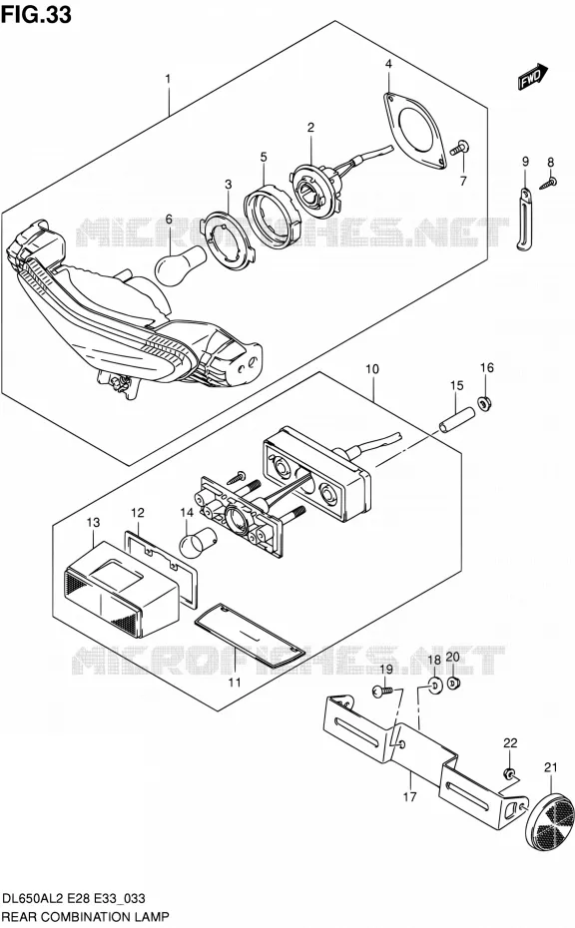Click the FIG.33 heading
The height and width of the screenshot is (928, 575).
point(37,14)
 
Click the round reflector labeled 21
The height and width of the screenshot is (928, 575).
point(551,815)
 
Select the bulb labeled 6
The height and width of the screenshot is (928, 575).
point(180,261)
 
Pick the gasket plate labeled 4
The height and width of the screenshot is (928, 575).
point(413,130)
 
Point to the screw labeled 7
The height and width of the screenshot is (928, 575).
point(459,148)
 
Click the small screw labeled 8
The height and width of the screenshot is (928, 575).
point(548,183)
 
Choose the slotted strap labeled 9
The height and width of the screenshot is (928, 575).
point(524,219)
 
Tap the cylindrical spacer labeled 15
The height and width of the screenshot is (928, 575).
point(456,419)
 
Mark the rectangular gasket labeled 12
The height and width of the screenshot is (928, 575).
point(161,569)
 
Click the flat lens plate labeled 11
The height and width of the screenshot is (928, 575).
point(250,637)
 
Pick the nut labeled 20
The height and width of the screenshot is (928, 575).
point(454,684)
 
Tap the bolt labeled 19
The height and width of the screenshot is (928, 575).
point(382,691)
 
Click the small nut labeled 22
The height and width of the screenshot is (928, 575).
point(509,774)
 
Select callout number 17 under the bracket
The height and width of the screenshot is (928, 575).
point(409,796)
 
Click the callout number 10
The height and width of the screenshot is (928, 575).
point(372,369)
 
